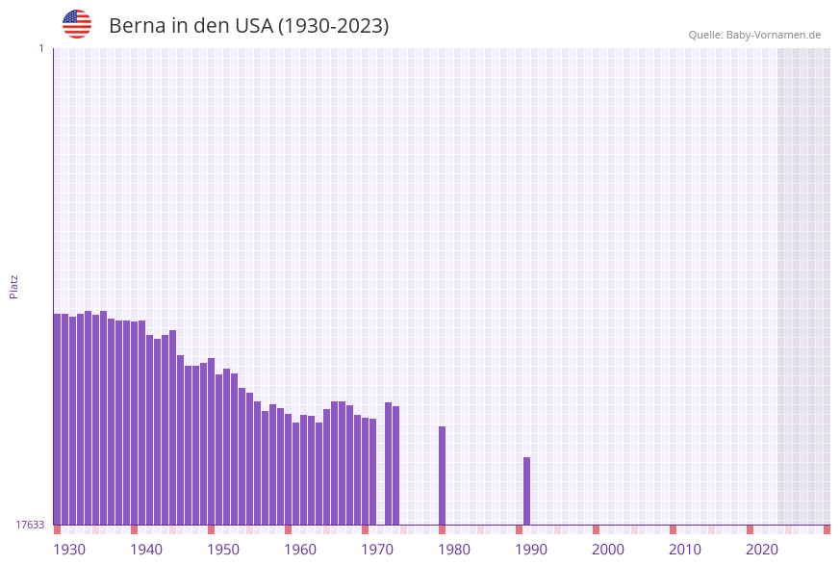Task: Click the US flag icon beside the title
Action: (77, 24)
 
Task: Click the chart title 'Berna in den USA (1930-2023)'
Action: (248, 26)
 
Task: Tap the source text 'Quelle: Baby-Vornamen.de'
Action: (754, 35)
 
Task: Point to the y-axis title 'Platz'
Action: (14, 286)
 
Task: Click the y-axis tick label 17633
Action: (30, 525)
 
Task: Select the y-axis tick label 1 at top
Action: (40, 48)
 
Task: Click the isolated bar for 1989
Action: (527, 491)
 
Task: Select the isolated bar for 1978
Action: (443, 475)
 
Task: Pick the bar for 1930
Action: (58, 419)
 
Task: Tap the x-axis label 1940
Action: (146, 550)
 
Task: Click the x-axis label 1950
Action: (223, 550)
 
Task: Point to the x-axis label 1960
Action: (300, 550)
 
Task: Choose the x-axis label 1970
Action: (377, 550)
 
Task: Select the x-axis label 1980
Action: (454, 550)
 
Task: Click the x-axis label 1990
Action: (531, 550)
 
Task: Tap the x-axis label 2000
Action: (608, 550)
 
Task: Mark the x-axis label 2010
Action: (685, 550)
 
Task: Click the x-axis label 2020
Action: (762, 550)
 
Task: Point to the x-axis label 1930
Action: (69, 550)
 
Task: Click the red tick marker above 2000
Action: (597, 529)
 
